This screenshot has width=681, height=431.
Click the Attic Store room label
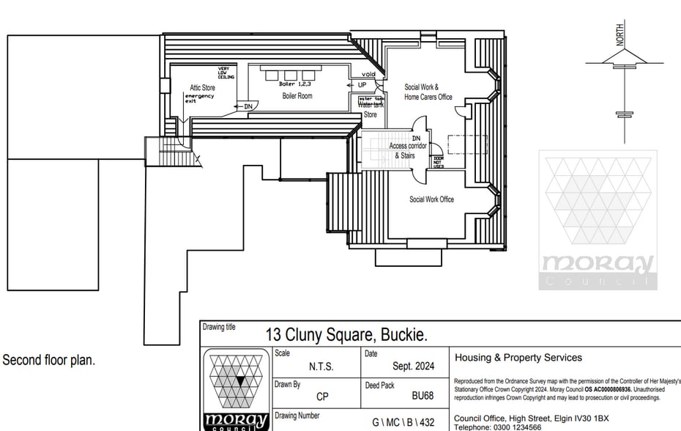[x=203, y=88]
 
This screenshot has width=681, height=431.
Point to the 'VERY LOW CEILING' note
[x=224, y=73]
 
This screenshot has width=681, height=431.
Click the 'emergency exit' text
[x=200, y=99]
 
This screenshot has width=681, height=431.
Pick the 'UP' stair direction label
[x=362, y=85]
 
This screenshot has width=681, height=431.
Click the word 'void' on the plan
[x=368, y=75]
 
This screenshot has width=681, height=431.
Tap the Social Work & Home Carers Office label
[x=428, y=92]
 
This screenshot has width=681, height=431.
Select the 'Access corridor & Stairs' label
[x=408, y=150]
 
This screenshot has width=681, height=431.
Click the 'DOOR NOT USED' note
[x=438, y=162]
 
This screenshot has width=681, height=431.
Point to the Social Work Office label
[x=431, y=199]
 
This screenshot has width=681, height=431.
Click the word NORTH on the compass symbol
[x=620, y=35]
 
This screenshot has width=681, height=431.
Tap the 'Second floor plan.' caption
[x=49, y=361]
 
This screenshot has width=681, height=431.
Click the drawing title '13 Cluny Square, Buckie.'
[x=346, y=335]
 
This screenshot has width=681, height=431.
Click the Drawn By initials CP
[x=322, y=397]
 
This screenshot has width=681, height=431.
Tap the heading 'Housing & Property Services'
[x=518, y=358]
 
